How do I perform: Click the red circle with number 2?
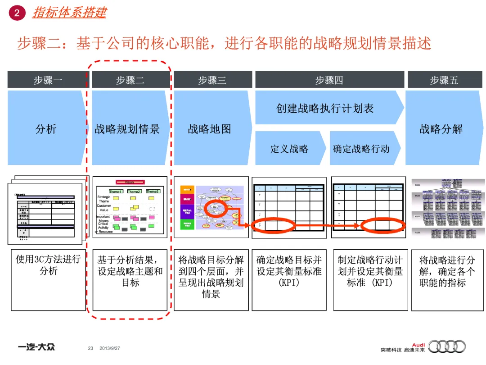[17, 13]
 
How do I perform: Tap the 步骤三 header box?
[212, 80]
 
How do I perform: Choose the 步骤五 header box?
[444, 80]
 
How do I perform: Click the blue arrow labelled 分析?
[46, 129]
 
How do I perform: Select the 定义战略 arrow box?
[289, 149]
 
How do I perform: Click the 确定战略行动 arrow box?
[362, 149]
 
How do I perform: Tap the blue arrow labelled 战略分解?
[441, 129]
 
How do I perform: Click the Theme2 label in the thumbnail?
[134, 192]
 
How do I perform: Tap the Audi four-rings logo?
[447, 346]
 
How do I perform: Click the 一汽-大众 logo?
[37, 347]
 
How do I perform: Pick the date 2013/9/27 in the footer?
[110, 348]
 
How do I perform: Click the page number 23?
[90, 348]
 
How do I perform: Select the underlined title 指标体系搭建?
[69, 13]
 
